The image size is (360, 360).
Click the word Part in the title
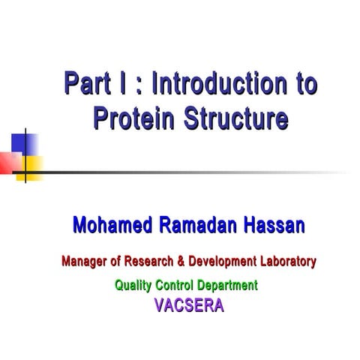tap(85, 83)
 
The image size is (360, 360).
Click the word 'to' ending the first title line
tap(304, 83)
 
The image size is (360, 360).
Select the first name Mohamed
tap(110, 225)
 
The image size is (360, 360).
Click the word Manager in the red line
tap(83, 262)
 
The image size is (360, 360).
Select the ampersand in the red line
tap(181, 262)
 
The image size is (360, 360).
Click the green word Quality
tap(132, 285)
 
